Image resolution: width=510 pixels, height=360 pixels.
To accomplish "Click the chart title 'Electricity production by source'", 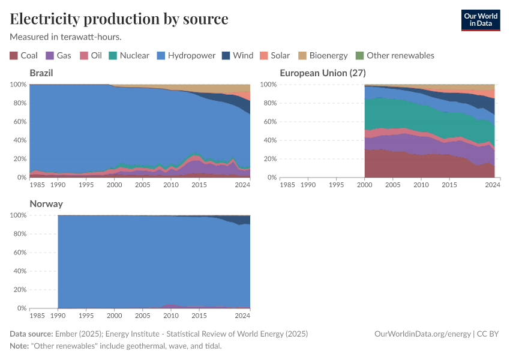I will pos(119,19).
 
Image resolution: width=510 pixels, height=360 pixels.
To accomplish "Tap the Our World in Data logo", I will pos(480,20).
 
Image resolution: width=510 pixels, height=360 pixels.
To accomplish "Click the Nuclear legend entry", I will pos(129,55).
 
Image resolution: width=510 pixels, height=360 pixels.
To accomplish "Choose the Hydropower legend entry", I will pos(186,55).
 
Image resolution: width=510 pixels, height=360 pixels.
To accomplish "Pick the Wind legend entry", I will pos(238,55).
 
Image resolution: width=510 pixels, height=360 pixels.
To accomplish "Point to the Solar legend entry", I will pos(275,55).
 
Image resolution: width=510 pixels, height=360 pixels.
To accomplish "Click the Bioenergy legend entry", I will pos(323,55).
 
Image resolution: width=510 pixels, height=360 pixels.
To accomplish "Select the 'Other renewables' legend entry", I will pos(394,55).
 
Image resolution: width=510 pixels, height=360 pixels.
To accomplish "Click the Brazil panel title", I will pos(41,73).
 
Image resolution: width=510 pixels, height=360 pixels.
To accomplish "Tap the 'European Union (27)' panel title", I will pos(323,73).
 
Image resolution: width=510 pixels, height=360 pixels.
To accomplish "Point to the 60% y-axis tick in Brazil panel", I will pos(18,122).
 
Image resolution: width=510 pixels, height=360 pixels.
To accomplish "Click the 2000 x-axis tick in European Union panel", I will pos(364,185).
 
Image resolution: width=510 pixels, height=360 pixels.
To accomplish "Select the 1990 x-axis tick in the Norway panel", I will pos(58,315).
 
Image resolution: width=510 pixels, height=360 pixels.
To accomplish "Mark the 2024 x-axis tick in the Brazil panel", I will pos(242,185).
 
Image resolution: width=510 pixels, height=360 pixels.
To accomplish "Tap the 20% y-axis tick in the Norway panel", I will pos(18,290).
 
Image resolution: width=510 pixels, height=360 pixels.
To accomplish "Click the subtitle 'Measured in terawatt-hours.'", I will pos(66,37).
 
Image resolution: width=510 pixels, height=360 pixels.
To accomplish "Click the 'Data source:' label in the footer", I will pos(31,334).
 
